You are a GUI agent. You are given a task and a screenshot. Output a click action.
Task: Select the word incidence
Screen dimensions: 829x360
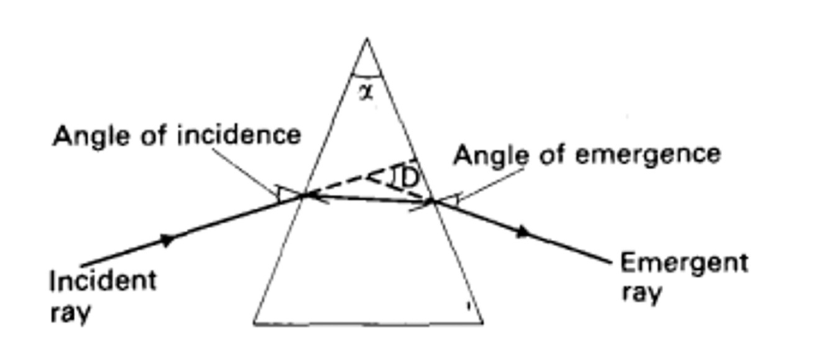tap(240, 135)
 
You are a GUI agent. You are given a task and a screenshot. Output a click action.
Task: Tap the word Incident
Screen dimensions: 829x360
tap(103, 281)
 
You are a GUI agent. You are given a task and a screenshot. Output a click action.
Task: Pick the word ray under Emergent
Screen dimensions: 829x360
tap(641, 292)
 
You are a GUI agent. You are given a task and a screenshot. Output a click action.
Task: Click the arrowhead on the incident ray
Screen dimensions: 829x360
tap(168, 239)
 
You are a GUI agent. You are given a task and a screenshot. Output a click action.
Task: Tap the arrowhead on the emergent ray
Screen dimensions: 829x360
tap(524, 232)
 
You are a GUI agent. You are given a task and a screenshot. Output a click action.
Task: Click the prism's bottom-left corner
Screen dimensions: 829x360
tap(254, 323)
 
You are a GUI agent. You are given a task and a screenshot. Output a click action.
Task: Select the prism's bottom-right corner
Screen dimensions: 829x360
tap(483, 323)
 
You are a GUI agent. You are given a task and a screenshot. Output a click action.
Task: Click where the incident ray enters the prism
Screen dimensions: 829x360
tap(304, 195)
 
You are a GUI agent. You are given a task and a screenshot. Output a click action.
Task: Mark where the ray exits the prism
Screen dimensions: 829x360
tap(433, 201)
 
